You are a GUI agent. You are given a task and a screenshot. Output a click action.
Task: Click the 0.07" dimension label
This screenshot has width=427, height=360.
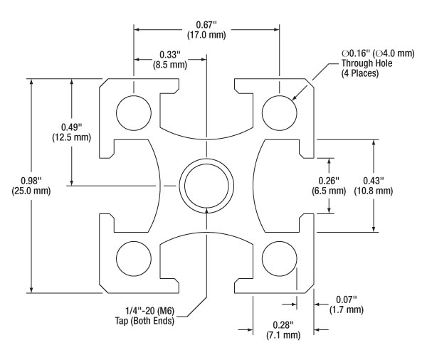tap(346, 299)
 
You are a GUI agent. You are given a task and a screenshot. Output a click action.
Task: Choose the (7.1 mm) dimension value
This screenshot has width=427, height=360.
tap(283, 335)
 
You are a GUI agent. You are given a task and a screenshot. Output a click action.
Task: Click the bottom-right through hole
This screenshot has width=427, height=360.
tap(280, 257)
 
